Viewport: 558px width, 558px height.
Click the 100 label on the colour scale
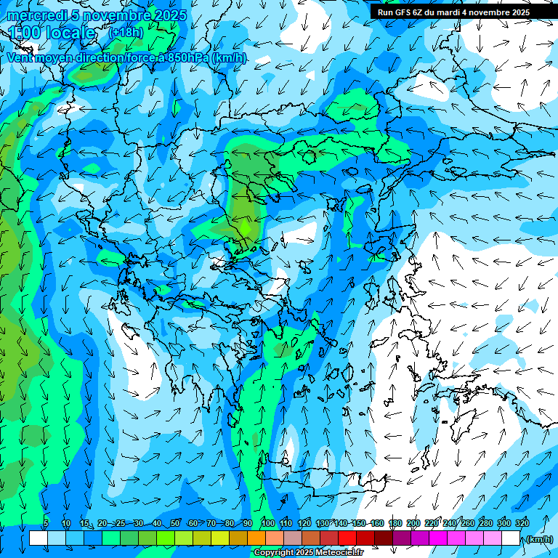tap(268, 523)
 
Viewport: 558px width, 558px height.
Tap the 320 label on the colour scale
tap(521, 523)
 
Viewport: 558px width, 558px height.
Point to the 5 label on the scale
tap(46, 523)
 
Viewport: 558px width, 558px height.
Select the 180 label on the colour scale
tap(395, 523)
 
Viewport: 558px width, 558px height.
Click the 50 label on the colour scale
tap(176, 523)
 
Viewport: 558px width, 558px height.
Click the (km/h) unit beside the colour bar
tap(539, 539)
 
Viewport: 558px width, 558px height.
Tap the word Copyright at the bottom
tap(272, 553)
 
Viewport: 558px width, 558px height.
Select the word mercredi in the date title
tap(33, 15)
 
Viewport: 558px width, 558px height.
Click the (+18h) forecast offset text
tap(126, 32)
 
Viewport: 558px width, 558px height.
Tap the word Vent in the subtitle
tap(20, 57)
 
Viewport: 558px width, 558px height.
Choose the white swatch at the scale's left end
tap(39, 538)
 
